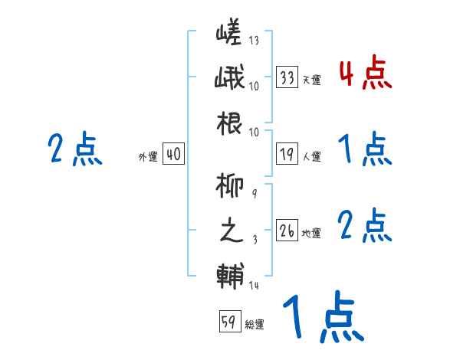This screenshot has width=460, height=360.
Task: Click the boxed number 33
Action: pyautogui.click(x=287, y=77)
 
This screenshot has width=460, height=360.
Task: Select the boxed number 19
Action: pyautogui.click(x=287, y=155)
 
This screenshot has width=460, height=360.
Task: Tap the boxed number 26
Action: pyautogui.click(x=287, y=231)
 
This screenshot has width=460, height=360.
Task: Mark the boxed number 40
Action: pyautogui.click(x=172, y=155)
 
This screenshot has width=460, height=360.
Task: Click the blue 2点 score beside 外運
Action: pyautogui.click(x=74, y=149)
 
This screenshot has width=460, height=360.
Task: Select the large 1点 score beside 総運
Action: pyautogui.click(x=322, y=318)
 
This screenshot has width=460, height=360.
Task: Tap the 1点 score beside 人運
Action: pyautogui.click(x=365, y=149)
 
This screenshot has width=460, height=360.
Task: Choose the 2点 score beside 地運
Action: pyautogui.click(x=365, y=226)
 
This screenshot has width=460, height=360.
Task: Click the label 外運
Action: pyautogui.click(x=147, y=157)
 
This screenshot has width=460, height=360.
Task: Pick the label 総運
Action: pyautogui.click(x=255, y=324)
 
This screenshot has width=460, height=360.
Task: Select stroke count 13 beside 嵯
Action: pyautogui.click(x=254, y=41)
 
